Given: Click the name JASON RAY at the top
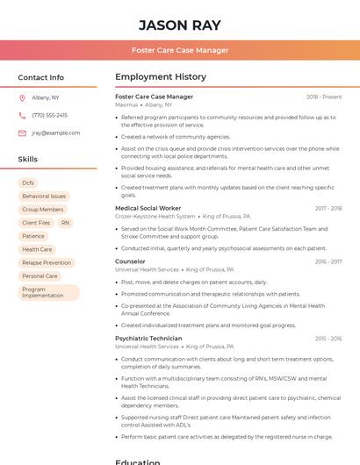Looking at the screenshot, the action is (180, 25).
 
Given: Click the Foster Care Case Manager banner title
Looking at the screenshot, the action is (180, 50).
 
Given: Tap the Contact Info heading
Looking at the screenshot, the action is (40, 77).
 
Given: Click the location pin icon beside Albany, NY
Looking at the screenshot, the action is (22, 97).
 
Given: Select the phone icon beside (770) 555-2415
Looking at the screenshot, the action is (22, 115).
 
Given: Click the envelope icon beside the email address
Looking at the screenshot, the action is (22, 133).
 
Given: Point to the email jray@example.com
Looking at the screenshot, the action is (55, 133).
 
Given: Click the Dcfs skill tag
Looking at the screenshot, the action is (28, 182).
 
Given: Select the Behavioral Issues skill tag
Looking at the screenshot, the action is (44, 197).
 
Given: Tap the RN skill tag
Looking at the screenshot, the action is (65, 223).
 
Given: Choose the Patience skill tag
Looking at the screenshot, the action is (33, 236).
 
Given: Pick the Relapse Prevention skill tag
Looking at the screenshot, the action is (47, 262).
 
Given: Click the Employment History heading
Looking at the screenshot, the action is (161, 77).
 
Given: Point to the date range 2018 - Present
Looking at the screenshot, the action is (324, 97).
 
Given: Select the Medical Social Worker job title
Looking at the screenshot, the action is (148, 208).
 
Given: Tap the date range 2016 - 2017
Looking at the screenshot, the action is (328, 261).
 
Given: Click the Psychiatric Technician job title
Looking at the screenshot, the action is (148, 338).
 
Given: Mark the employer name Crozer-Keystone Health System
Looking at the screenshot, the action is (155, 216).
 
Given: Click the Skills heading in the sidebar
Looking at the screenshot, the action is (27, 160).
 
